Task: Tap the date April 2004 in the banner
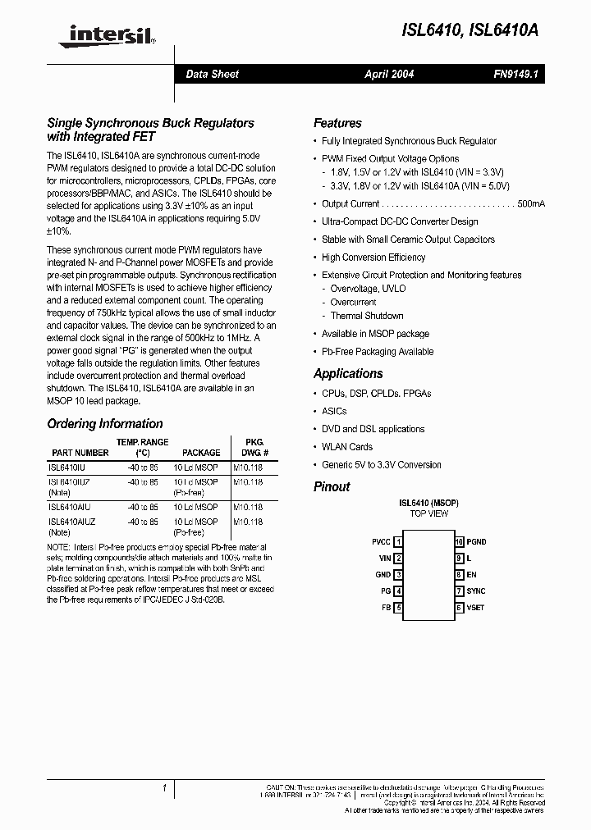(x=389, y=74)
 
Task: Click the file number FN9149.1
(x=514, y=74)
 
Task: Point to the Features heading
(x=337, y=123)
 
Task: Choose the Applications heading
(x=348, y=373)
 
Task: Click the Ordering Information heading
(x=105, y=424)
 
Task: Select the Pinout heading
(x=332, y=486)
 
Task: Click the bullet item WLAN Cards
(x=346, y=447)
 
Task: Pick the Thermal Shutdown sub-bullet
(x=366, y=316)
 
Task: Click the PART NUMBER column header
(x=80, y=453)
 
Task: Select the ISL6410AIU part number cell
(x=70, y=508)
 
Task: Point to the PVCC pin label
(x=381, y=542)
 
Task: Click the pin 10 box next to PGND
(x=460, y=542)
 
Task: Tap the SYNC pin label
(x=476, y=591)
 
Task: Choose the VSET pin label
(x=475, y=608)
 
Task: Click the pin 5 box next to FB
(x=398, y=608)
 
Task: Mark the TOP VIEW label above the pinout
(x=428, y=513)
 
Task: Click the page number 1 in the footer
(x=165, y=788)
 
